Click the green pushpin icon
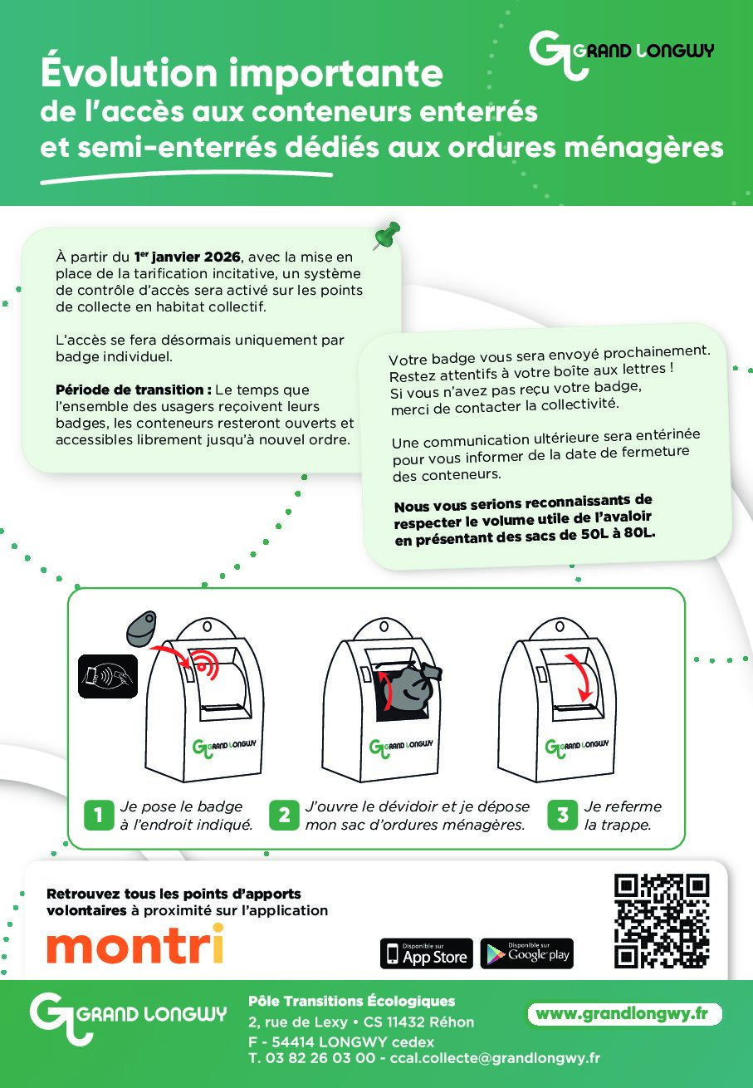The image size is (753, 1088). (387, 235)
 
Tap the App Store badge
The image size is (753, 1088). (426, 953)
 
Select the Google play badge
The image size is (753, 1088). (526, 953)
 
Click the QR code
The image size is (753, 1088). (662, 920)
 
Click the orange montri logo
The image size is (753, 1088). (135, 943)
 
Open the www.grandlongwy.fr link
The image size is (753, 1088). (625, 1014)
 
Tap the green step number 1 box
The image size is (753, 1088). (99, 815)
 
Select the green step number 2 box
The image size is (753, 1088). (284, 815)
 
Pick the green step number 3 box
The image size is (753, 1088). (562, 815)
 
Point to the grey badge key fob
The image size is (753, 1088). (141, 628)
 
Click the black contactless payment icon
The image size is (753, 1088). (108, 676)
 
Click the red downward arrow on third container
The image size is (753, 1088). (580, 677)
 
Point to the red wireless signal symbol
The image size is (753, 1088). (205, 663)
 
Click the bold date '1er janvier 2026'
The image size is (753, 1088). (188, 257)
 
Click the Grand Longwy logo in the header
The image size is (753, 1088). (621, 55)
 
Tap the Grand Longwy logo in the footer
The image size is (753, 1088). (128, 1018)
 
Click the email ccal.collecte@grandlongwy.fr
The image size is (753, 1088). (495, 1058)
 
